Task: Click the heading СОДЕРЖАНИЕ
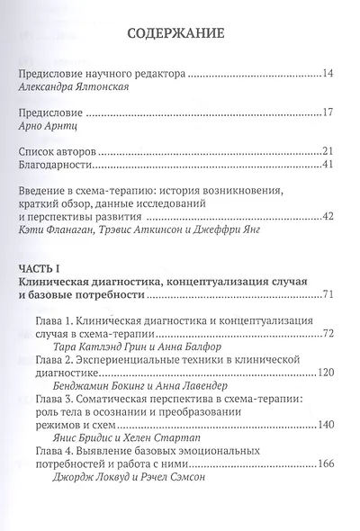pyautogui.click(x=180, y=36)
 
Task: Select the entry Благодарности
pyautogui.click(x=61, y=171)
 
